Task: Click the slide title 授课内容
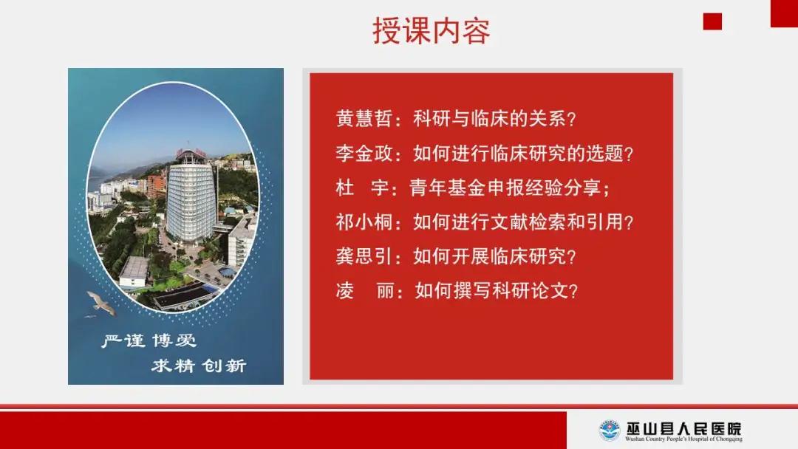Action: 431,30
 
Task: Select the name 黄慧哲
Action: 364,118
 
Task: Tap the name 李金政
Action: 364,153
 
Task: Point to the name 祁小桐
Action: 364,222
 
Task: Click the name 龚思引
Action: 364,256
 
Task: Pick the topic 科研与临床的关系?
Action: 494,118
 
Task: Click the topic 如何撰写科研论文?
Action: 497,291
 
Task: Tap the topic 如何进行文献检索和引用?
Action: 523,222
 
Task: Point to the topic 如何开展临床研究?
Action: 494,256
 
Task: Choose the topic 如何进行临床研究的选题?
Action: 523,153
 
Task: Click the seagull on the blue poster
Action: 100,303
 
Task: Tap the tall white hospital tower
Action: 191,199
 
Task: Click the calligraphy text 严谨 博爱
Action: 149,340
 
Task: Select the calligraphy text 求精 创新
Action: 199,365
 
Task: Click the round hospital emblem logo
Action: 609,431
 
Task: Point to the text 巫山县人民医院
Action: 683,428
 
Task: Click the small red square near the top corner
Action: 712,21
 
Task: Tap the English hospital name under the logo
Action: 683,439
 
